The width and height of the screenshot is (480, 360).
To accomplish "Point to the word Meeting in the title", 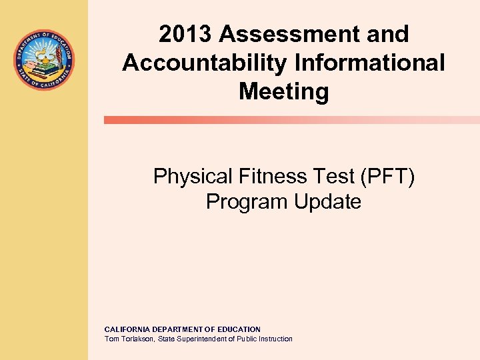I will [x=284, y=91].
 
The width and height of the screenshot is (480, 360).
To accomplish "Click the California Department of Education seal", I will [x=44, y=60].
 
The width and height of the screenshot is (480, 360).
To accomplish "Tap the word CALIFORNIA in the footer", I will [x=126, y=329].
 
